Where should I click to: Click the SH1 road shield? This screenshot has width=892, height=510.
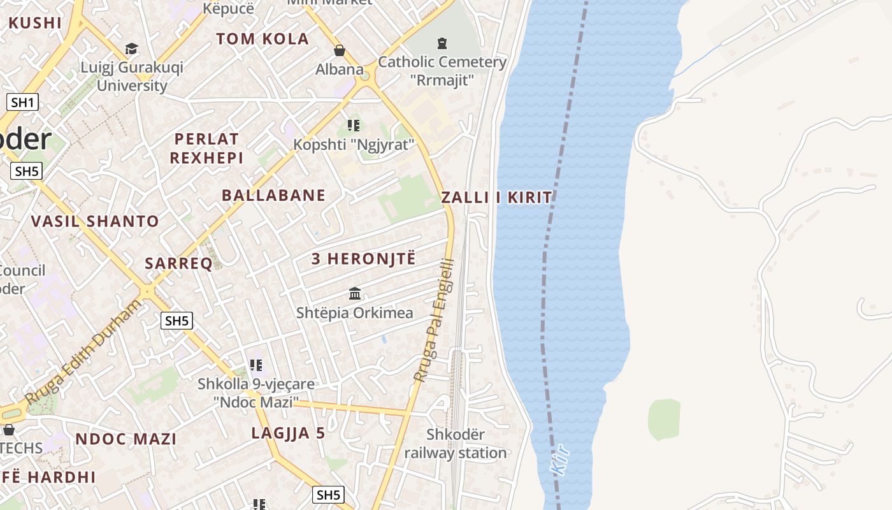(23, 102)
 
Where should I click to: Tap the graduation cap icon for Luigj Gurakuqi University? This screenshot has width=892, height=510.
(132, 48)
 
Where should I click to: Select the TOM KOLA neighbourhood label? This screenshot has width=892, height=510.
(263, 39)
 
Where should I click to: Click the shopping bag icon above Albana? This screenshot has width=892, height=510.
(340, 50)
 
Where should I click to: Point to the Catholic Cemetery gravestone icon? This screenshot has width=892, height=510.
(442, 43)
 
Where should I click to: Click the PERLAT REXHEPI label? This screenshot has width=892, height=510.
(206, 149)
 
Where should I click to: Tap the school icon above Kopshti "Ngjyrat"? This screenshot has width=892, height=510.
(354, 126)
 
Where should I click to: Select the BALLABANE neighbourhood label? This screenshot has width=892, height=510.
(273, 196)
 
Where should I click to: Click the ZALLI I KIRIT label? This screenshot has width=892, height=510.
(497, 198)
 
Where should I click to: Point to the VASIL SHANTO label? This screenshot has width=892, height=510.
(96, 222)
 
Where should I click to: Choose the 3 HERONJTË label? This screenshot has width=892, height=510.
(363, 259)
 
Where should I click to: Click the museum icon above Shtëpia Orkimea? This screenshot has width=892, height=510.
(355, 293)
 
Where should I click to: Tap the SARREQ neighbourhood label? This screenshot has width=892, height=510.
(178, 264)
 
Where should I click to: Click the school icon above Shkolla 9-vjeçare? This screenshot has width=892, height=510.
(256, 365)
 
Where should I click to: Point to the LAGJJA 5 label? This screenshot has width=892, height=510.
(288, 433)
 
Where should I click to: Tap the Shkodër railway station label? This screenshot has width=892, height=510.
(456, 444)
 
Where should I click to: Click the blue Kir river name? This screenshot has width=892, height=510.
(559, 460)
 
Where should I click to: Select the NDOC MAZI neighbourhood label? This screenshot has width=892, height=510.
(126, 439)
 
